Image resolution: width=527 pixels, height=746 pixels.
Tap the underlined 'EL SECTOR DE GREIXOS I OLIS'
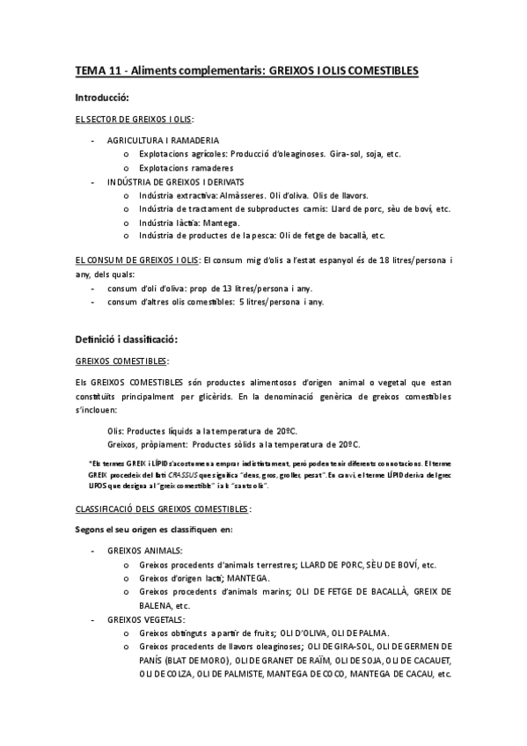click(134, 119)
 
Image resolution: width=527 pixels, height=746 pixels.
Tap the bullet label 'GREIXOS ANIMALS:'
click(145, 549)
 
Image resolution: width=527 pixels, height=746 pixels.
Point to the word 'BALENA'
click(156, 605)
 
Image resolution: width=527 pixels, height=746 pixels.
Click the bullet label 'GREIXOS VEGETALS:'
click(147, 618)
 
